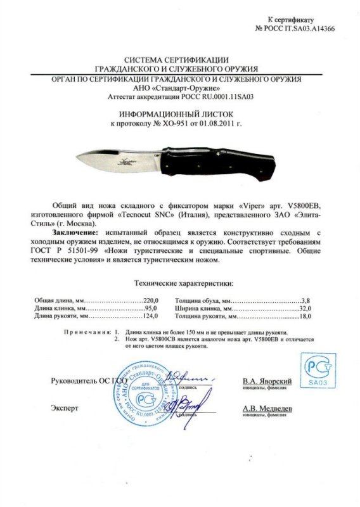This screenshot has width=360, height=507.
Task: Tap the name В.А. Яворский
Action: point(267,382)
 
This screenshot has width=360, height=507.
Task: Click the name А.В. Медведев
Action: point(267,409)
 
